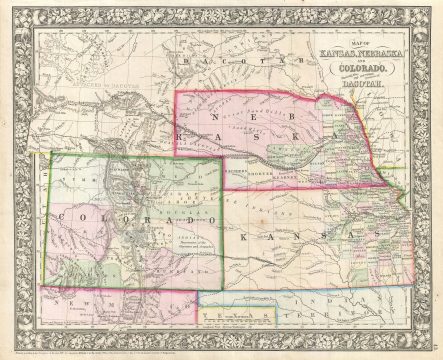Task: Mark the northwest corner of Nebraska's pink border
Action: (176, 93)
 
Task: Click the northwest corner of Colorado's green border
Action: (49, 154)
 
